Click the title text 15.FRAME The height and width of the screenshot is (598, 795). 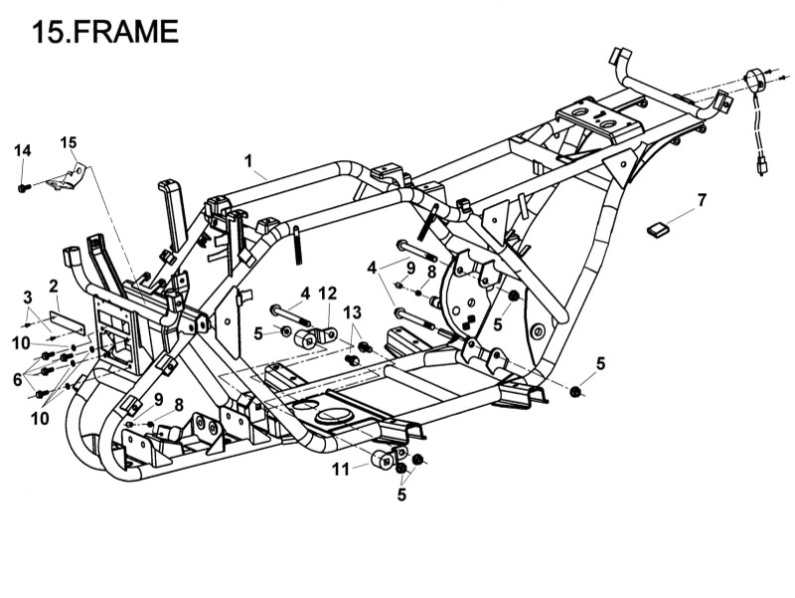(104, 32)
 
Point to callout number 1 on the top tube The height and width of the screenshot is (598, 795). (248, 159)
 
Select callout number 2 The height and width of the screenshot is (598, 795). (54, 287)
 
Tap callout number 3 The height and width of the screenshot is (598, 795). (28, 296)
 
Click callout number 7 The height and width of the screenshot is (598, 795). (702, 200)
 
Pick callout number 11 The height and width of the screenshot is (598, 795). (341, 469)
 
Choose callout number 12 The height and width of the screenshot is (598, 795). (328, 294)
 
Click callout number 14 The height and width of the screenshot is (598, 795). (23, 150)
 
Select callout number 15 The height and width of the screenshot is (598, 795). (68, 141)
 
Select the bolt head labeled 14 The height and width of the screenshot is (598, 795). (23, 187)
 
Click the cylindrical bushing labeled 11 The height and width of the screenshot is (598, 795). (380, 460)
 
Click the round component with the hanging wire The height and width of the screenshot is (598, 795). (757, 79)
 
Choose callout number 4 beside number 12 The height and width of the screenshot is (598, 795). (306, 294)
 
